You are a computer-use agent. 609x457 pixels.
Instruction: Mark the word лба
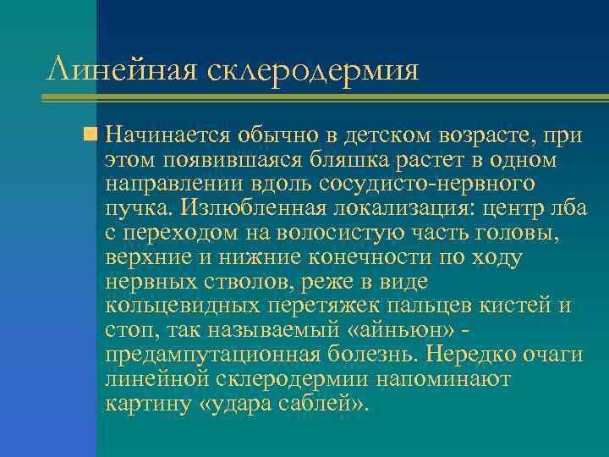click(568, 208)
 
